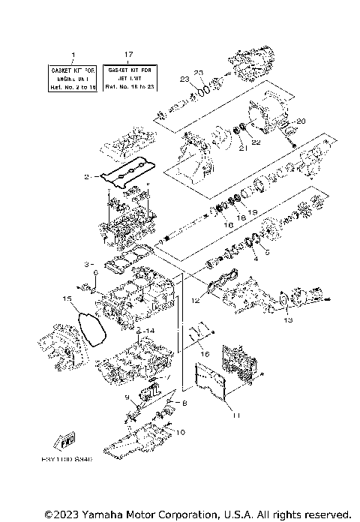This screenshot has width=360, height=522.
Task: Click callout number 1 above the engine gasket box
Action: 73,55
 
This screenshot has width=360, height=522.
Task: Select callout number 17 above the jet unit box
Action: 129,55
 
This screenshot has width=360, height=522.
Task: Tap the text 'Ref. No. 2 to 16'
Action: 73,87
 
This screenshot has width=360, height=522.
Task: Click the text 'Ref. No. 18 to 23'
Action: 129,87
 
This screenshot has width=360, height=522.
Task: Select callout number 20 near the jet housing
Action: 302,121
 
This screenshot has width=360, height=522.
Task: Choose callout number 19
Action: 253,213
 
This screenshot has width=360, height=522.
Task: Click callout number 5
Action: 266,253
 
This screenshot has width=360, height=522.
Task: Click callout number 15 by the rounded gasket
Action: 67,300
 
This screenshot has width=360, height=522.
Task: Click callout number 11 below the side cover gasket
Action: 235,415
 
